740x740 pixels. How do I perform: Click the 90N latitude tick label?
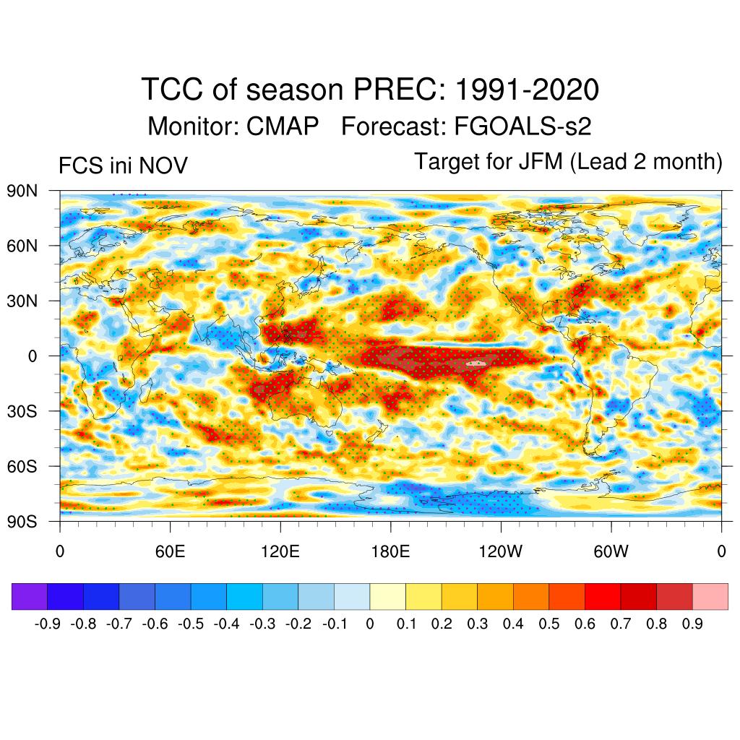tap(22, 191)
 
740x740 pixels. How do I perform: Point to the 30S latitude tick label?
tap(22, 411)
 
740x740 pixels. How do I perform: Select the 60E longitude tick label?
tap(171, 553)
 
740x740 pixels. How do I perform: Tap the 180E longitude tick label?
tap(390, 553)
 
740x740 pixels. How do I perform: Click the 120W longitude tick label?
tap(501, 553)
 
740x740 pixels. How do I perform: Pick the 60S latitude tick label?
tap(22, 466)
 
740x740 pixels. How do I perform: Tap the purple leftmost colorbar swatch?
tap(30, 596)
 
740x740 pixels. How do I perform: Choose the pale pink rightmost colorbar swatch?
tap(710, 596)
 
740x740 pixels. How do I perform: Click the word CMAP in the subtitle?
tap(283, 126)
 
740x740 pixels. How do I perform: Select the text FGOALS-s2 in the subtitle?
tap(522, 126)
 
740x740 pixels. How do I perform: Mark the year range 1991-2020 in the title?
tap(528, 90)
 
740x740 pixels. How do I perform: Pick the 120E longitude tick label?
tap(280, 553)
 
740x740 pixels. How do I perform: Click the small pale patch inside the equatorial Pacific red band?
tap(476, 363)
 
